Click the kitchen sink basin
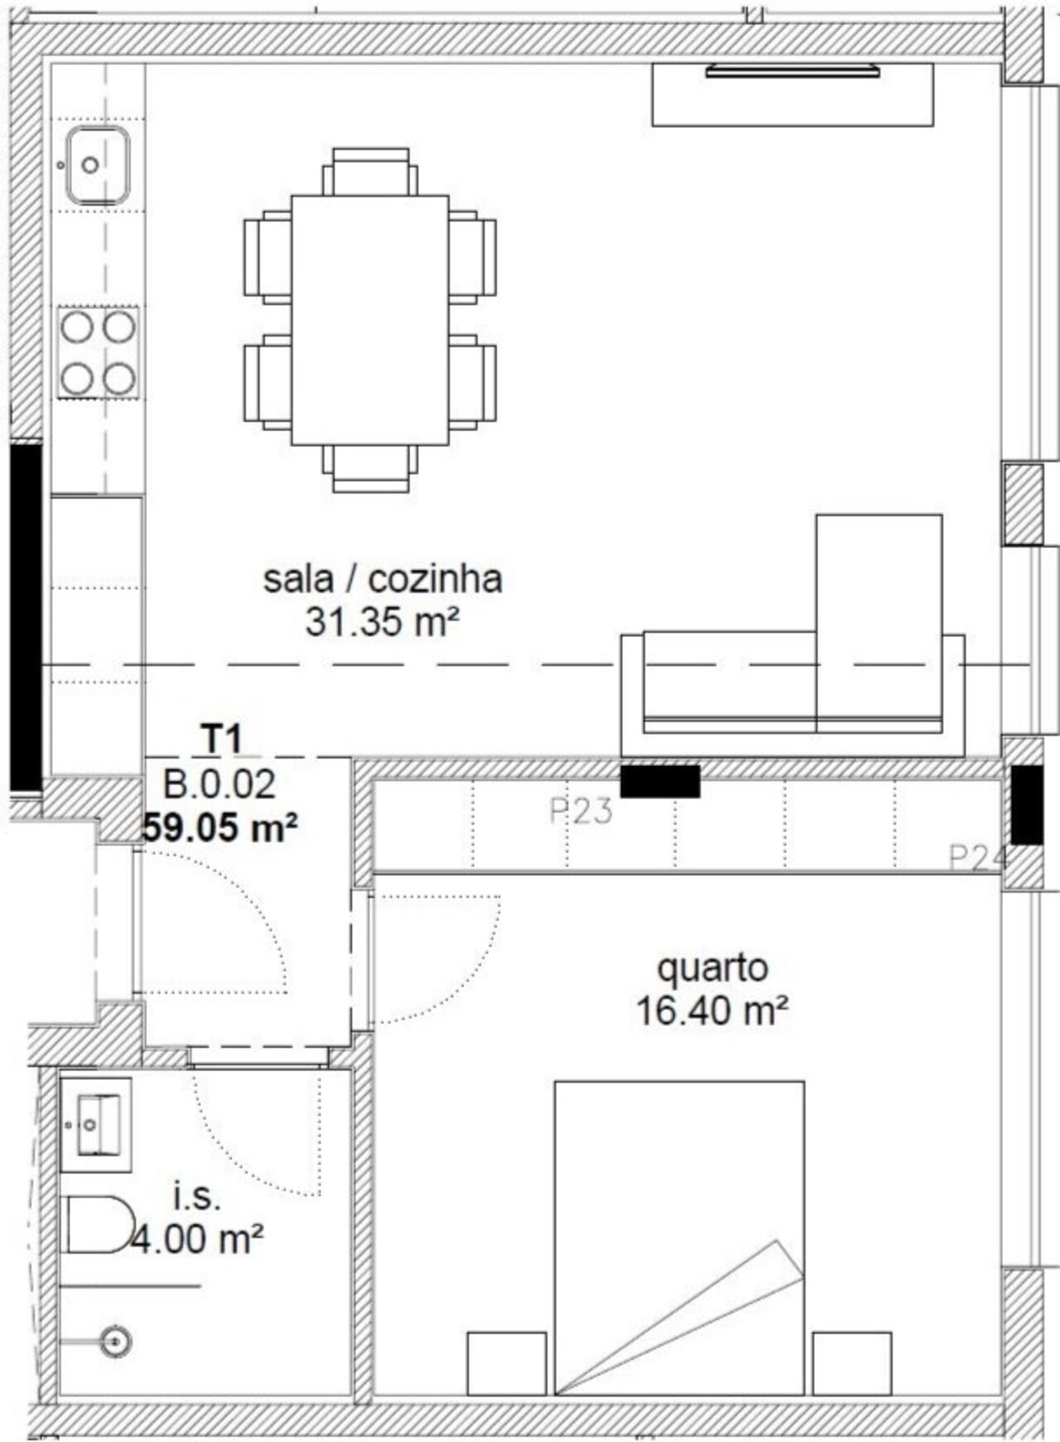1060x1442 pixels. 98,166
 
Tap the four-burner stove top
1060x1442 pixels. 98,351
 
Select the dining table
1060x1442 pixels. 369,320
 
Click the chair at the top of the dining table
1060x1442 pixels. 370,171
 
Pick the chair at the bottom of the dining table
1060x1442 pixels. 370,468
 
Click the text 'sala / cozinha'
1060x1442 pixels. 383,579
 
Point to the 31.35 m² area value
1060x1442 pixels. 383,622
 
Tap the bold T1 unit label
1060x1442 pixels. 222,739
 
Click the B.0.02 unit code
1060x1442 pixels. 219,784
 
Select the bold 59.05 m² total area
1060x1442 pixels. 219,827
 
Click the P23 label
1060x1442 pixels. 581,811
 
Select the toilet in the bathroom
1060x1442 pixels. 99,1225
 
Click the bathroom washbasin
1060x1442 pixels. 97,1125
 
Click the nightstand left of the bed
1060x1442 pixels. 507,1363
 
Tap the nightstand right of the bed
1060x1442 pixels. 852,1363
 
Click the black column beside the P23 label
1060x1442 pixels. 660,781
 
